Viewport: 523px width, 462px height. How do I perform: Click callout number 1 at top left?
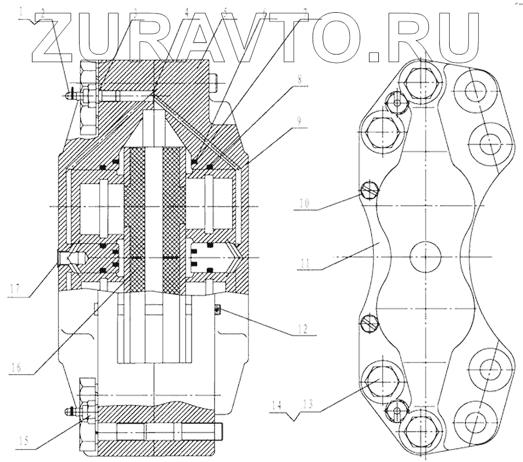pos(22,11)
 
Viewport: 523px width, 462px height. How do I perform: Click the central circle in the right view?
pos(426,257)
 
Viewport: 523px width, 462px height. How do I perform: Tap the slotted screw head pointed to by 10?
pos(368,189)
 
